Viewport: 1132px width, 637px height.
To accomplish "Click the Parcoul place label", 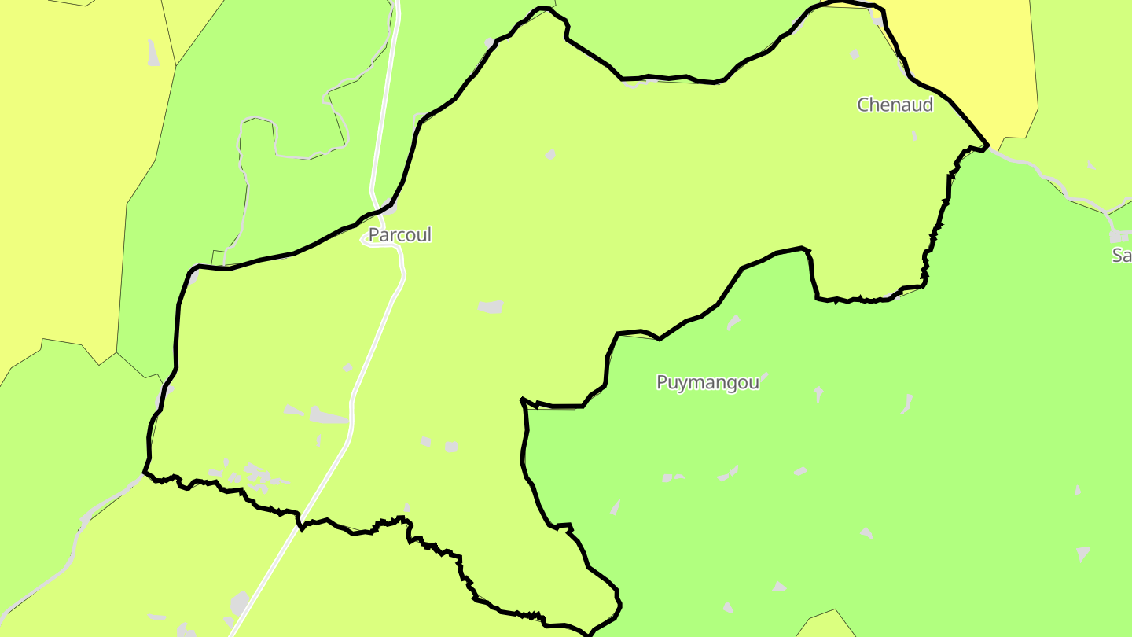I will pos(400,235).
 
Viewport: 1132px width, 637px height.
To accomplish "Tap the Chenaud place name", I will pos(895,105).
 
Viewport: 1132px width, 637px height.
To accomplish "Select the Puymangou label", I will pos(707,382).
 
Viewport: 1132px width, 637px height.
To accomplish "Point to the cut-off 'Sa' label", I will pos(1121,255).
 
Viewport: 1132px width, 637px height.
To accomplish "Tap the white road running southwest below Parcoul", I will pos(314,503).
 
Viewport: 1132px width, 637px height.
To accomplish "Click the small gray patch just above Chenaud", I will pos(855,54).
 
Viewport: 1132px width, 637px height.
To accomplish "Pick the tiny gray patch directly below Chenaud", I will pos(914,135).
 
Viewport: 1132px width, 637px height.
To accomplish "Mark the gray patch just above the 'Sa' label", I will pos(1119,236).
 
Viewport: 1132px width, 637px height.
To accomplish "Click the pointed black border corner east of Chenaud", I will pos(987,145).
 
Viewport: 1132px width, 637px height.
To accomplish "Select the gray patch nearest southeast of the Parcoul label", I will pos(491,307).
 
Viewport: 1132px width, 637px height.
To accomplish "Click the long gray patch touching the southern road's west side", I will pos(329,414).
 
